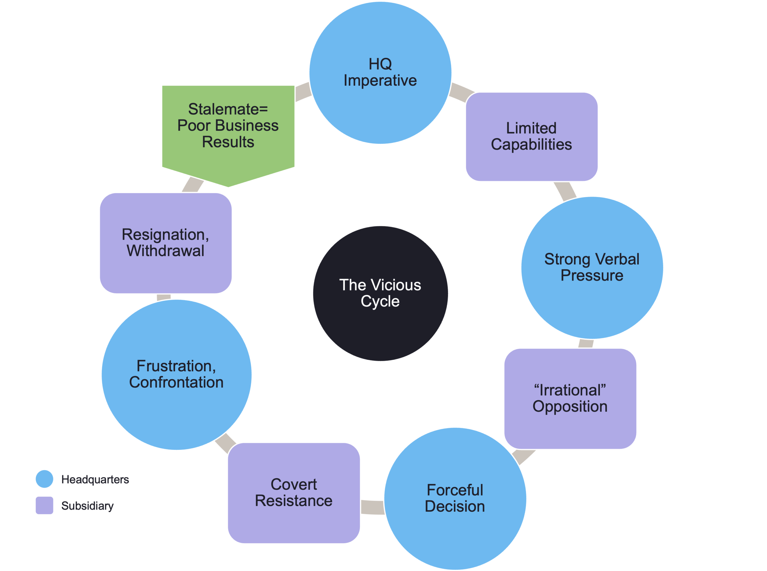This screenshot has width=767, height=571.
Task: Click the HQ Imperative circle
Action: (x=380, y=73)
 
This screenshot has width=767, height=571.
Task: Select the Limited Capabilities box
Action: (x=532, y=136)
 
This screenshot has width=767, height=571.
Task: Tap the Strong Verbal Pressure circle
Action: (x=592, y=267)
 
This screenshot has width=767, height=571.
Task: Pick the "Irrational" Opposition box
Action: (x=570, y=399)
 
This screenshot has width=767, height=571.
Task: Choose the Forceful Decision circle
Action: (x=455, y=498)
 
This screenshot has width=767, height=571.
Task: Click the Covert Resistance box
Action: (x=294, y=493)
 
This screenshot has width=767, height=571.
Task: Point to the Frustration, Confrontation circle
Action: (x=176, y=374)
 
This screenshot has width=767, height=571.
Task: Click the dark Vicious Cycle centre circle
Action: (x=380, y=293)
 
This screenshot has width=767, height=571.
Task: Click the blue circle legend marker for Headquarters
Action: (x=45, y=479)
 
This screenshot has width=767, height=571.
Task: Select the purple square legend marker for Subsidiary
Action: (x=45, y=505)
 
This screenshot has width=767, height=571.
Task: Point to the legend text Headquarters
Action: (x=95, y=479)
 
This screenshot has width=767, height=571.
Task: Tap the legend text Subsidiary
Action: (x=87, y=506)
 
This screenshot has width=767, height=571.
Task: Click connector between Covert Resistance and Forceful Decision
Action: (x=372, y=507)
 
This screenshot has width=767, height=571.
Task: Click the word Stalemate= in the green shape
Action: (x=228, y=109)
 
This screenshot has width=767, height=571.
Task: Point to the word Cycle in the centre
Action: (x=380, y=302)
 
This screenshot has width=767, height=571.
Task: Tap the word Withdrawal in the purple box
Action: (x=165, y=251)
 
